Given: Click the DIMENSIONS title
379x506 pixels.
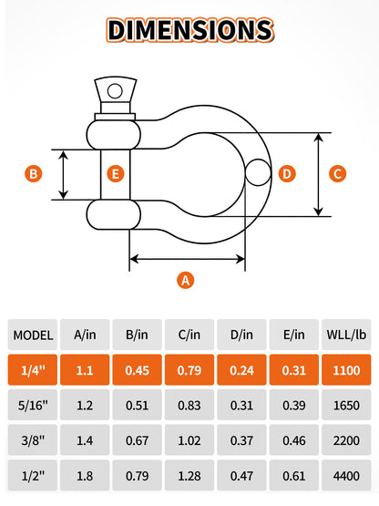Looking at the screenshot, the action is coord(190,30).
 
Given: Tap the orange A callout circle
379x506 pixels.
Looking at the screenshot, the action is coord(186,280).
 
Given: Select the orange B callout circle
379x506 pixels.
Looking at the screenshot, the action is coord(34,173).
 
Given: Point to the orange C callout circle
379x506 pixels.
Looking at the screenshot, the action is coord(337,173).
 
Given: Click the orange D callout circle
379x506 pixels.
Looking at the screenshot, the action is coord(287,173).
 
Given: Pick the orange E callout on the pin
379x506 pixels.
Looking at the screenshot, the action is coord(116,173).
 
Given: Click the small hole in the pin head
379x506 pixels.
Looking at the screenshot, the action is coord(115,91).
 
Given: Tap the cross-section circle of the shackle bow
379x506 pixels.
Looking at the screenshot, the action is coord(258,172).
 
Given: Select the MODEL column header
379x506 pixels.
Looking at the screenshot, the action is coord(33,335).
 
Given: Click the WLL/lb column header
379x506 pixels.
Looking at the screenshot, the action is coord(346,335).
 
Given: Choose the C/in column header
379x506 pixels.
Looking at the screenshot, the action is coord(189,335).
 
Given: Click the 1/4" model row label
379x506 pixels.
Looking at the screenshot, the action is coord(33,370).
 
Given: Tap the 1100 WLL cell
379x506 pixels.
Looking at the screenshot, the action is coord(346,370).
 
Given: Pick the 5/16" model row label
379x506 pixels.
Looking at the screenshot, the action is coord(33,405).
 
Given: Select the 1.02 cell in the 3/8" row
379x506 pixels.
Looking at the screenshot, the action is coord(189,440).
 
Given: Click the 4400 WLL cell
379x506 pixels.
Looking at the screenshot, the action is coord(346,475).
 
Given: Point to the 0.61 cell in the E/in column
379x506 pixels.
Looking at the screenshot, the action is coord(294,475).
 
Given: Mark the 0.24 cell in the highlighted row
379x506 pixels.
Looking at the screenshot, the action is coord(241,370).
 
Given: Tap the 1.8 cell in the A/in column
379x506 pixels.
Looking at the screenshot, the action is coord(85,475).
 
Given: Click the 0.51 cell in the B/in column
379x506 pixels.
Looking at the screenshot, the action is coord(137,405).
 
